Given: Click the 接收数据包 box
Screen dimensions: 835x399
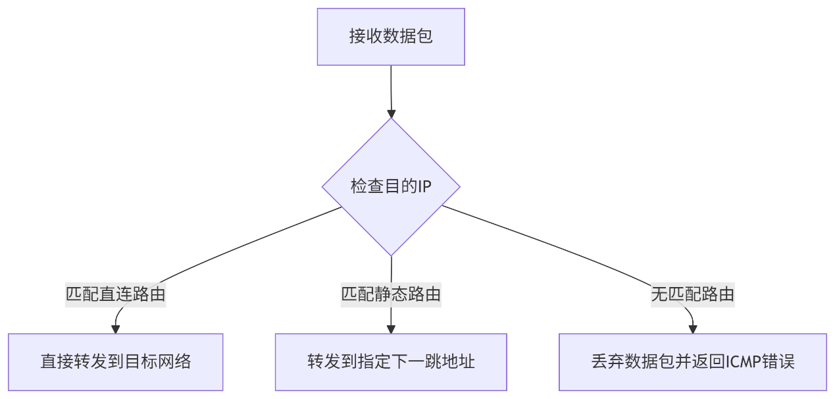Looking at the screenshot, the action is [x=391, y=37].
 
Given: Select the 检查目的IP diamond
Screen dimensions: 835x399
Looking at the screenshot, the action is [x=391, y=187].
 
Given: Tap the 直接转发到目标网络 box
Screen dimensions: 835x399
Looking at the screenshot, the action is [x=116, y=362].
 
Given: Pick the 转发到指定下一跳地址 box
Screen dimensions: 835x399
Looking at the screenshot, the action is [x=391, y=362].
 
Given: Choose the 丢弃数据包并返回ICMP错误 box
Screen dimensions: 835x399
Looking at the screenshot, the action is [x=693, y=362].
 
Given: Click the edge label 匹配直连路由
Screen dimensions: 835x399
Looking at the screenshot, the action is [x=116, y=294].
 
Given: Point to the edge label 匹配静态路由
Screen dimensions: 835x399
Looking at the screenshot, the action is [x=391, y=294].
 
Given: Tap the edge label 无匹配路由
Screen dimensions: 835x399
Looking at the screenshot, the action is [x=693, y=294].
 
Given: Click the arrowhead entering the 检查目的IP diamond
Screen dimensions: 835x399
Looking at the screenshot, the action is [x=392, y=114].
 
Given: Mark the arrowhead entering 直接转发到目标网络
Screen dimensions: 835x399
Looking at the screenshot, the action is [x=116, y=329].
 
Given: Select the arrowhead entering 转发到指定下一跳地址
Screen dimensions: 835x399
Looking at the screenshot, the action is [x=391, y=329].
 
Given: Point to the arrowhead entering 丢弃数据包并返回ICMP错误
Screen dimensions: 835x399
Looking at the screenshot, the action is [x=693, y=329].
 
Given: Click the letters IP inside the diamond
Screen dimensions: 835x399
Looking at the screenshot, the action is [x=425, y=186].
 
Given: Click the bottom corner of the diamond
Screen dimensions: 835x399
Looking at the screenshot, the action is [x=391, y=256].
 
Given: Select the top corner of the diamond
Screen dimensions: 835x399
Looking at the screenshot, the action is [x=391, y=119].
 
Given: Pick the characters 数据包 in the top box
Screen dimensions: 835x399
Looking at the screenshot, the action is [x=408, y=36].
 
